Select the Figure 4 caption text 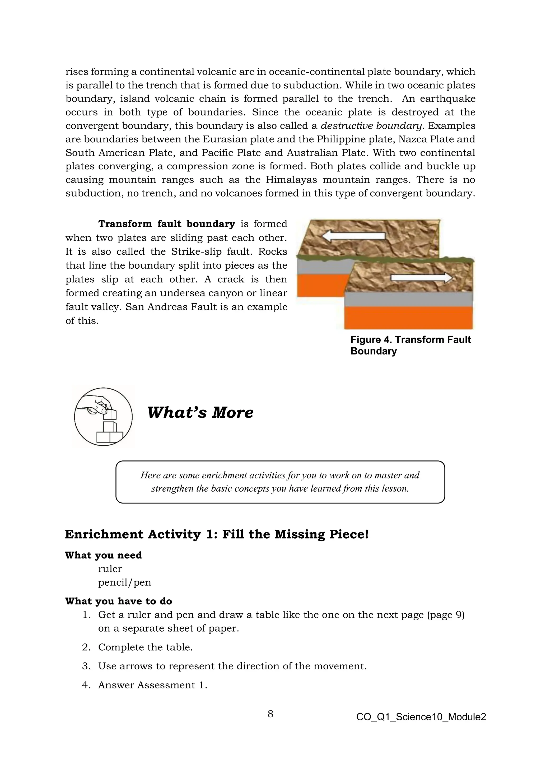[411, 345]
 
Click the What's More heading [200, 413]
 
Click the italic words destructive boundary [371, 126]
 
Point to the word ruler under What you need [110, 569]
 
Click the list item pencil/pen [125, 582]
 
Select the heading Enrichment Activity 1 [217, 534]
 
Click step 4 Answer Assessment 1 [153, 685]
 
